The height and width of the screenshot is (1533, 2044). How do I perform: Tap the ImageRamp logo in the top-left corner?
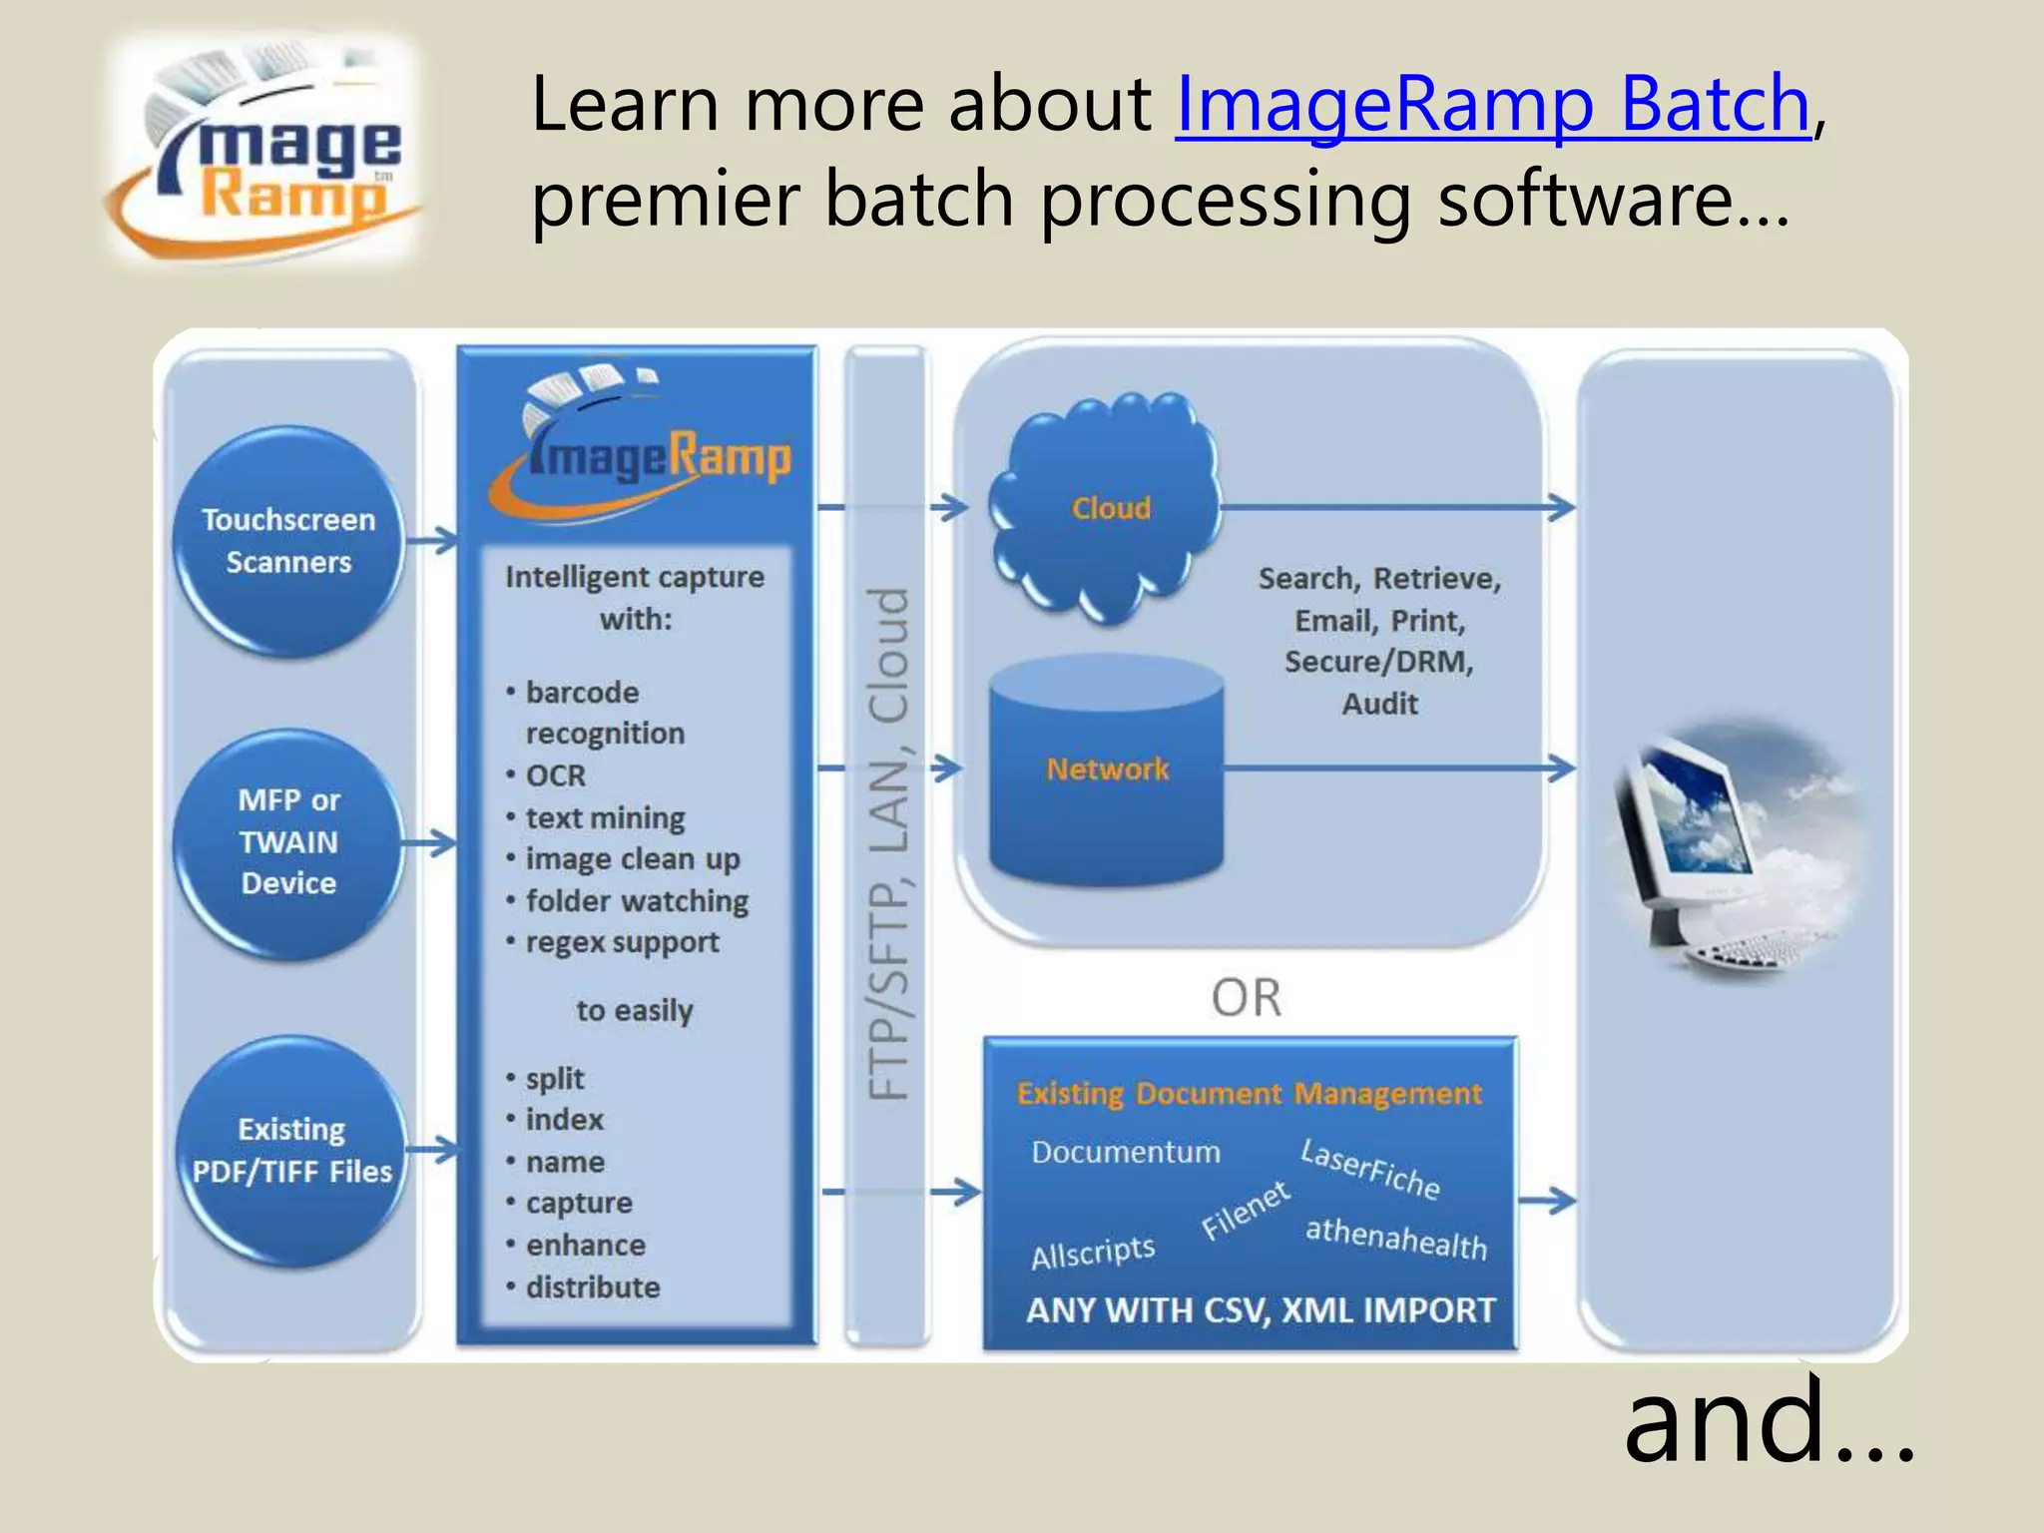point(264,150)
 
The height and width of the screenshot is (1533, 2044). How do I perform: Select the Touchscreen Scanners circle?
point(287,541)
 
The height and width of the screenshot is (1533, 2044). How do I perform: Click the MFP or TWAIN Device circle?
point(287,842)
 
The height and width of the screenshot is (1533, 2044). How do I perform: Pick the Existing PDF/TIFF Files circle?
point(290,1150)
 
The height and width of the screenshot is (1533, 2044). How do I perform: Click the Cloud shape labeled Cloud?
point(1110,508)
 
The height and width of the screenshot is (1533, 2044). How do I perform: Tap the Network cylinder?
point(1106,769)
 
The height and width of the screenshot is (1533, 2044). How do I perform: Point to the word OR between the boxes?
point(1246,997)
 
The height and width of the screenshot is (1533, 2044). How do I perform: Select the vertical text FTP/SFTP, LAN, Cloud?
point(887,843)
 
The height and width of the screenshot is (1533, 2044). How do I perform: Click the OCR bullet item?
point(555,775)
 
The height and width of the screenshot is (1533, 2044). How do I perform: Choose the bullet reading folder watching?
point(636,901)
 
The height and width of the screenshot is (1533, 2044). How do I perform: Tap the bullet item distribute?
point(592,1287)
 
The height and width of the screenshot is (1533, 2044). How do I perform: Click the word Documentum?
point(1125,1153)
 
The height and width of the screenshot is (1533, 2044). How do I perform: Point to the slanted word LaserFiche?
point(1370,1170)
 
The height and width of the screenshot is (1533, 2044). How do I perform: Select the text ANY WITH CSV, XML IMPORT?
point(1260,1310)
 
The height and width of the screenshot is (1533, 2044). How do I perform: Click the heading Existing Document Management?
point(1249,1094)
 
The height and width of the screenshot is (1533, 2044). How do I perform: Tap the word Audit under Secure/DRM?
point(1379,705)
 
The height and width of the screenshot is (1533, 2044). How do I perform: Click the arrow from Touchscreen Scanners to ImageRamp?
point(432,542)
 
